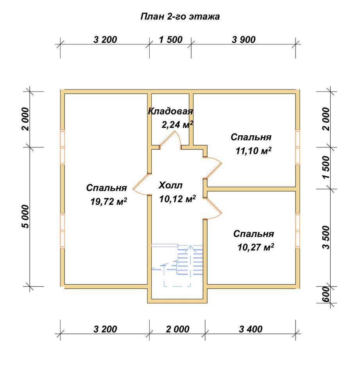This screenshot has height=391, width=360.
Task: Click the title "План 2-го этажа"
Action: coord(180,17)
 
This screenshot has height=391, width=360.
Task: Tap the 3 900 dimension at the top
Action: coord(244,39)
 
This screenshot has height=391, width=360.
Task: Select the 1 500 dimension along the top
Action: coord(171,39)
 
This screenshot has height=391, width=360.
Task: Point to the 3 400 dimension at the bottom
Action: coord(251,329)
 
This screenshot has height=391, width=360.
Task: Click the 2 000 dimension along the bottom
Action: coord(177,329)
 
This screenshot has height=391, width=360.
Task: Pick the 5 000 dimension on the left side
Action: coord(26,217)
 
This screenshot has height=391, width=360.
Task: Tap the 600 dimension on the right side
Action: coord(326,294)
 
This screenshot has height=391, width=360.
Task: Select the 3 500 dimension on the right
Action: coord(326,237)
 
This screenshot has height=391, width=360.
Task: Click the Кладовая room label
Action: coord(170,111)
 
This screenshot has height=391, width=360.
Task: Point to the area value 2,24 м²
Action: coord(177,125)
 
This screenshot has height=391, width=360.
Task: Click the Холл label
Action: coord(170,185)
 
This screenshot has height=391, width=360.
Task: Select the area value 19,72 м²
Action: coord(109,201)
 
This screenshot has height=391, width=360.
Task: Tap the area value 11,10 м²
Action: coord(254,151)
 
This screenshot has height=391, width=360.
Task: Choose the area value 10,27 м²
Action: coord(256,248)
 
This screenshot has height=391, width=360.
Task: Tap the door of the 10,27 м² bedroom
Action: coord(213,208)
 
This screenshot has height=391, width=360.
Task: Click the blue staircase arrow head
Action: coord(190,248)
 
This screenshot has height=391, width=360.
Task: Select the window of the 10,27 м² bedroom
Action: coord(297,231)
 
